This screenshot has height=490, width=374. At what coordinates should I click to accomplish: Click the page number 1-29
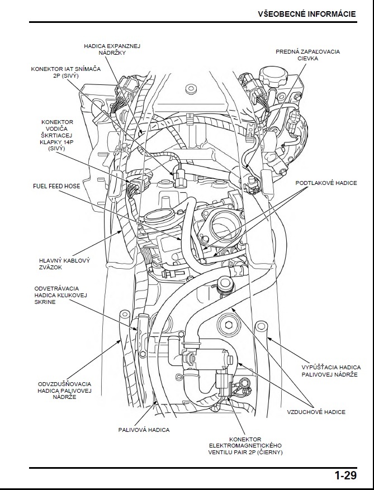pos(345,476)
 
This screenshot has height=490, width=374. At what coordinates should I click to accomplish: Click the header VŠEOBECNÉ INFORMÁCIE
pos(307,14)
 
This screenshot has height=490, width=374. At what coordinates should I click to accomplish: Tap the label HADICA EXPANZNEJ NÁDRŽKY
pos(112,49)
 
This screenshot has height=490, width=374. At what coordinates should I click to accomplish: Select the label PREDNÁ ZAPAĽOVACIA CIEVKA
pos(307,55)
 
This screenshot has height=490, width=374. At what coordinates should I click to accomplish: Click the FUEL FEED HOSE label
pos(56,186)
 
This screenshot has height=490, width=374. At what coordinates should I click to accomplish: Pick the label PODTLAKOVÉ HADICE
pos(326,183)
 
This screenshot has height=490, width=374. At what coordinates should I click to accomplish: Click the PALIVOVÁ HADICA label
pos(144,430)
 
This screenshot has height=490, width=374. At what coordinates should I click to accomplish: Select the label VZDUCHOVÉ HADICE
pos(316,412)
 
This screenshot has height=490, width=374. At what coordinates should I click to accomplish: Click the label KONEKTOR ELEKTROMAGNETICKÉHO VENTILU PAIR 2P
pos(245,445)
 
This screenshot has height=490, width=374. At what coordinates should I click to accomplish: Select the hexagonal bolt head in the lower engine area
pos(229,322)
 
